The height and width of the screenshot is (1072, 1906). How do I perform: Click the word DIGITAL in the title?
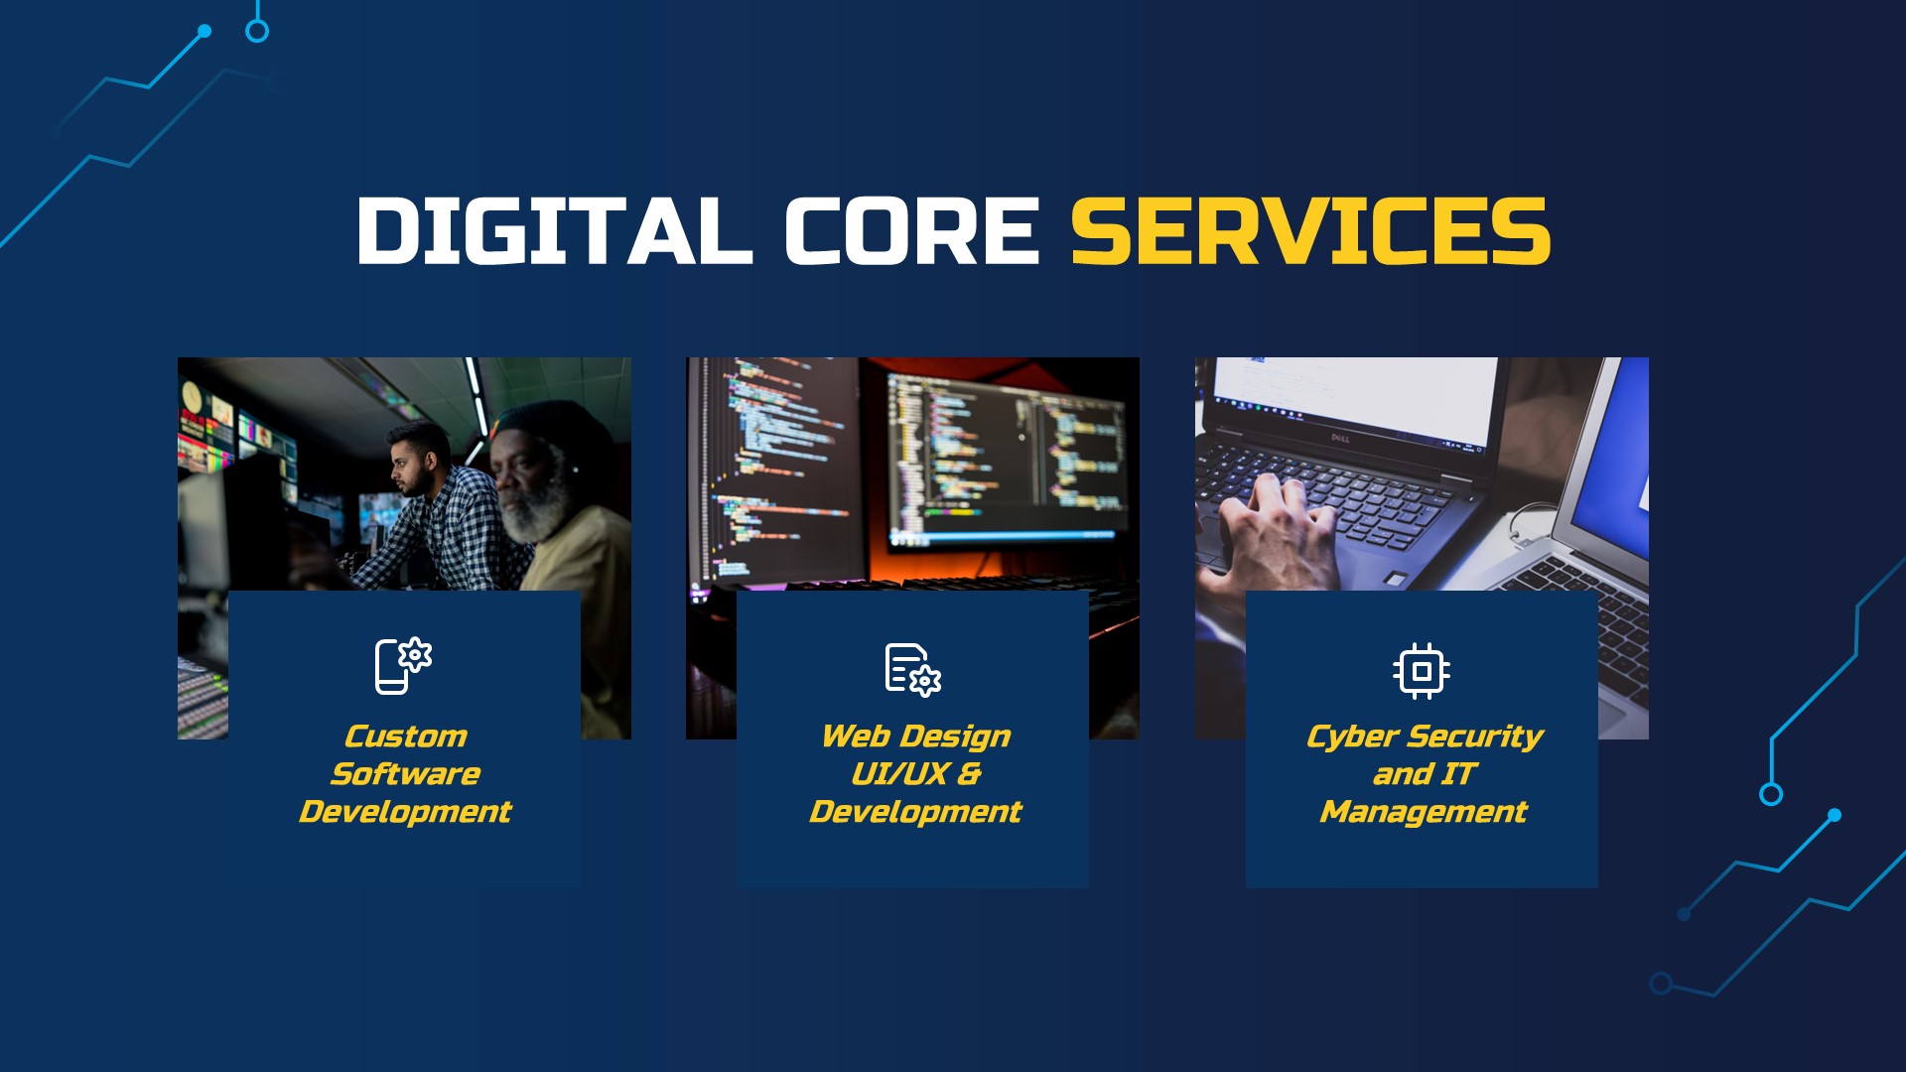[x=554, y=230]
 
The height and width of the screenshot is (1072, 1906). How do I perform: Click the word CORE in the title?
[x=910, y=230]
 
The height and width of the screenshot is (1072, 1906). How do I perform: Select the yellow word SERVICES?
[x=1310, y=230]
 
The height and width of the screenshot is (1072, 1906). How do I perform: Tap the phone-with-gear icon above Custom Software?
[x=403, y=665]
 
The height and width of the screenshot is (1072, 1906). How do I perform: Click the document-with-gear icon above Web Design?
[x=912, y=669]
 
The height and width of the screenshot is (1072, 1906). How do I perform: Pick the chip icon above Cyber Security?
[x=1421, y=671]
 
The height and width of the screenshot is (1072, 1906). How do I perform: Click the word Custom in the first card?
[x=405, y=737]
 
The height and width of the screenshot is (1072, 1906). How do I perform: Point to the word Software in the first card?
[x=405, y=774]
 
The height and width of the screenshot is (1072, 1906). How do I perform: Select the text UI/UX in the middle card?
[x=898, y=774]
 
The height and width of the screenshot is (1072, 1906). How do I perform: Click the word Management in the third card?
[x=1423, y=812]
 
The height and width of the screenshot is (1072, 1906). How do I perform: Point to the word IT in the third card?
[x=1458, y=774]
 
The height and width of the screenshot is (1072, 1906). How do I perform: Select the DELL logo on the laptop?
[x=1341, y=438]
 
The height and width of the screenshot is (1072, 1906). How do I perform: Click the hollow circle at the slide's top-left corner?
[x=257, y=32]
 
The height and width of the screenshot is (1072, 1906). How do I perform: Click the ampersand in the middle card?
[x=969, y=774]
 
